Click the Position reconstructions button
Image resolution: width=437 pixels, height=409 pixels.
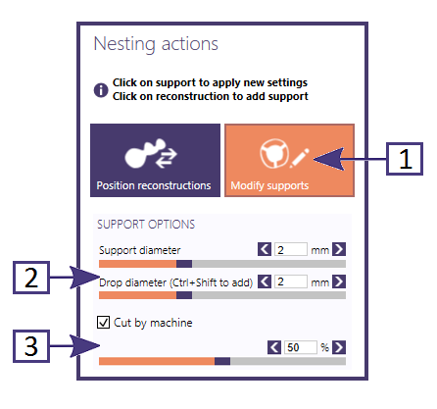point(155,160)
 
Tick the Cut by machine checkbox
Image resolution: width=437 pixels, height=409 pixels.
point(103,323)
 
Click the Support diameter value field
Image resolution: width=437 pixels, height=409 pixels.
point(291,249)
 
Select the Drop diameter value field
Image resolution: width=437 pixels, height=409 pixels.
point(291,281)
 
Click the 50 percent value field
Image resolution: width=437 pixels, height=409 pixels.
point(301,347)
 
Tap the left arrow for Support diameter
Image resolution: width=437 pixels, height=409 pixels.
point(265,249)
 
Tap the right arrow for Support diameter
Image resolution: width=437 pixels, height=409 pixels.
point(339,249)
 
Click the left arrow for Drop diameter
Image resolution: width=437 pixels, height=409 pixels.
point(265,281)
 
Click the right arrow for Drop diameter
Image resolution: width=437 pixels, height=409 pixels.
point(339,281)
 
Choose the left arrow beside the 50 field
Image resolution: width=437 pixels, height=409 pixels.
point(274,347)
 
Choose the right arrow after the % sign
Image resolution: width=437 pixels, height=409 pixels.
point(339,347)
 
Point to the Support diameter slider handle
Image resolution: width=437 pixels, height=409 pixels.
point(184,264)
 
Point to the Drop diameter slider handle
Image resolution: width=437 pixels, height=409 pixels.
point(184,295)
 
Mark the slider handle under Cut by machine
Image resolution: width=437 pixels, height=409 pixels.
point(222,361)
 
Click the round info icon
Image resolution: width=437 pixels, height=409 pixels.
point(101,90)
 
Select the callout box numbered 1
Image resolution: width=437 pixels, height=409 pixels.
point(405,159)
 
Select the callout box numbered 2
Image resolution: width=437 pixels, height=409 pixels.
point(31,278)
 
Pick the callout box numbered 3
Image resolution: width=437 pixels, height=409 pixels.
point(31,346)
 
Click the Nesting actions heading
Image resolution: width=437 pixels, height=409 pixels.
point(156,44)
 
